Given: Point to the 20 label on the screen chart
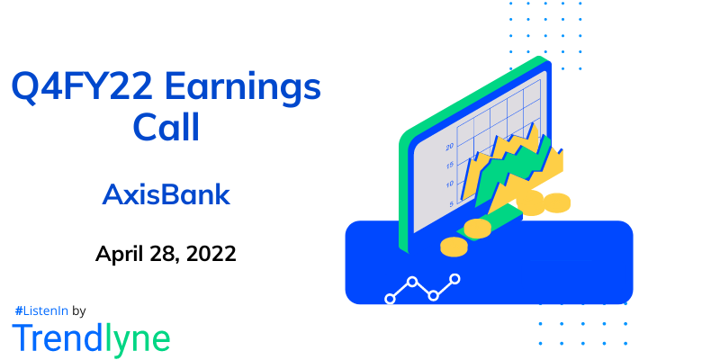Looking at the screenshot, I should pyautogui.click(x=449, y=145).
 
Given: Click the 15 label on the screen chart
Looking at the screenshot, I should pyautogui.click(x=449, y=165).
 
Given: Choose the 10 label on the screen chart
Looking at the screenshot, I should pyautogui.click(x=449, y=184).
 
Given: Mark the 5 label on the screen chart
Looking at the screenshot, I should pyautogui.click(x=451, y=204).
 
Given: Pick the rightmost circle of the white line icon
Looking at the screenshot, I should pyautogui.click(x=454, y=279).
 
